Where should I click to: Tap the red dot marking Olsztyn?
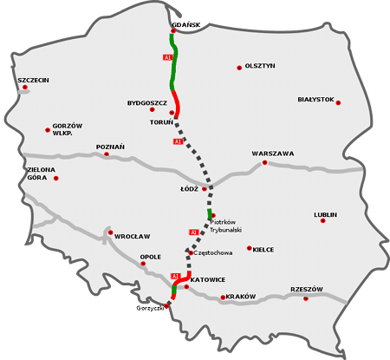coord(239,67)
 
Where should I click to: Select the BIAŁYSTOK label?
coord(315,100)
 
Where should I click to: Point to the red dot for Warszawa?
coord(265,162)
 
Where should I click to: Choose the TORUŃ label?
coord(162,122)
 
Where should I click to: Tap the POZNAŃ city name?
coord(110,147)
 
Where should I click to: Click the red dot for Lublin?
coord(323,220)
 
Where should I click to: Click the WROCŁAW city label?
coord(133,236)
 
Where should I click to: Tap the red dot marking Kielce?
coord(250,248)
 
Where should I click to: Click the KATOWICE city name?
coord(208,279)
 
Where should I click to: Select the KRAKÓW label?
coord(240,297)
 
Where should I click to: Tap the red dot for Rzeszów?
coord(306,298)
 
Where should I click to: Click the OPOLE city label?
coord(151,257)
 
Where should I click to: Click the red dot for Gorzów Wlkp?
coord(48,130)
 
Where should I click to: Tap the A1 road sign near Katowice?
coord(175,276)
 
